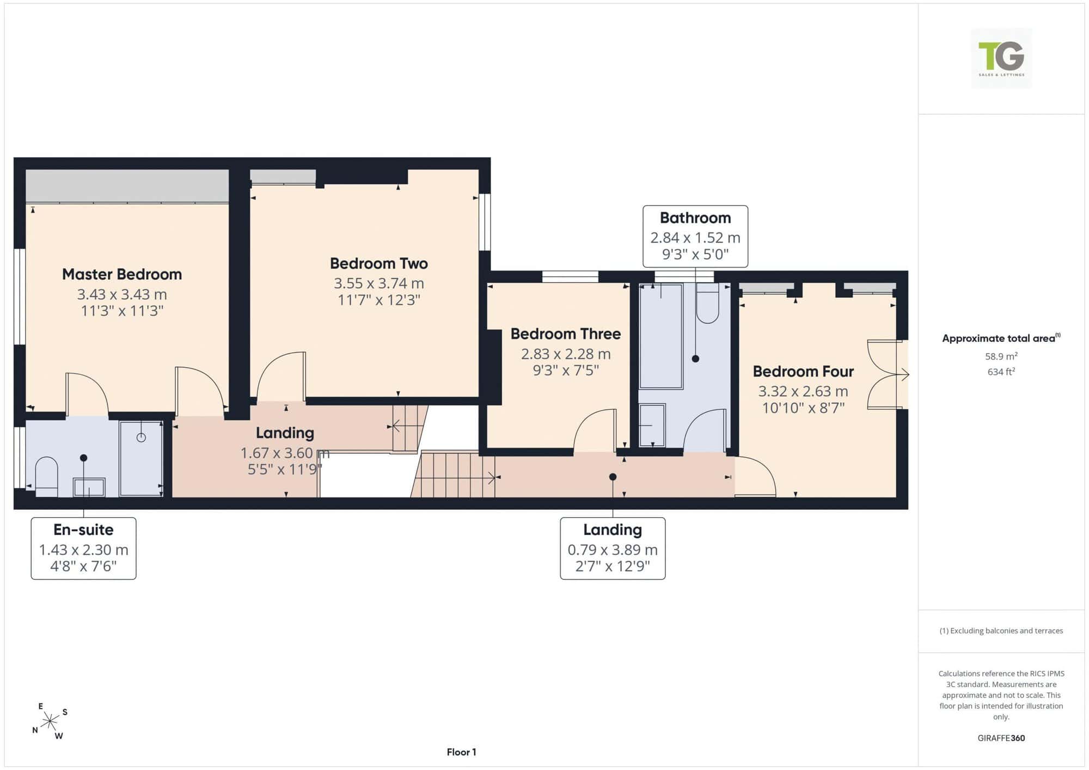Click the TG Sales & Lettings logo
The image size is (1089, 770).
(x=1001, y=58)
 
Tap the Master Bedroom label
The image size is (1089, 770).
(x=122, y=274)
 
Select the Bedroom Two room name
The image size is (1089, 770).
(x=379, y=263)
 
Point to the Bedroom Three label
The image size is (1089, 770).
(x=566, y=334)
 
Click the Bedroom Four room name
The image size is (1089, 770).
(x=803, y=371)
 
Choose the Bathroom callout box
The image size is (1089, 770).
(x=695, y=236)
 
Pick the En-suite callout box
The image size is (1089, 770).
(x=83, y=549)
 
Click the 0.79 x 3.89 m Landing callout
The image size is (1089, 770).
(x=613, y=549)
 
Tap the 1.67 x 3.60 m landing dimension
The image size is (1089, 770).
(x=285, y=453)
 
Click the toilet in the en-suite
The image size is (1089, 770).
(x=46, y=476)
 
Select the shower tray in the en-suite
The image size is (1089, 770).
(x=141, y=458)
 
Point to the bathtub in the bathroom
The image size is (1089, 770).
(x=661, y=336)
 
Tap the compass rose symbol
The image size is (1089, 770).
(x=50, y=722)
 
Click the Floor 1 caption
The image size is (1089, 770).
(x=461, y=752)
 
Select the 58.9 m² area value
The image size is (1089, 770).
(x=1001, y=356)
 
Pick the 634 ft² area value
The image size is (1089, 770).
(x=1001, y=372)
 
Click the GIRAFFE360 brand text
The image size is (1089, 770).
(x=1001, y=738)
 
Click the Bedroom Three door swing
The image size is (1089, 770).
(x=595, y=430)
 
